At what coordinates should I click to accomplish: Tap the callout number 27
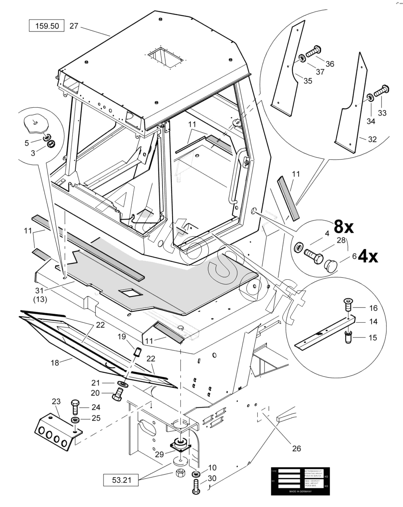point(74,26)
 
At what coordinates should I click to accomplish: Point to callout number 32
point(372,139)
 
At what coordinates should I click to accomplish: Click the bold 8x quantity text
point(344,226)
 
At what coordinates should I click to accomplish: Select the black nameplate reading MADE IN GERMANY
point(300,481)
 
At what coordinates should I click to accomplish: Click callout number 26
point(296,448)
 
